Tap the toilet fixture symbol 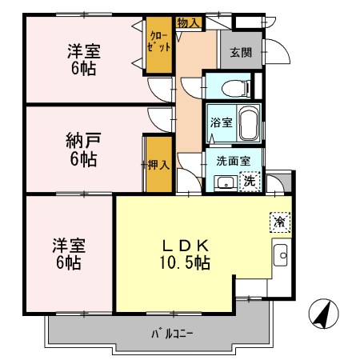pos(230,86)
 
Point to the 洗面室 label pos(233,160)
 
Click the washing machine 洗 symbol pos(250,181)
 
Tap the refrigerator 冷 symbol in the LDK pos(279,222)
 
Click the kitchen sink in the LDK pos(281,256)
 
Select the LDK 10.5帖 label pos(186,253)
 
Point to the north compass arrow pos(322,314)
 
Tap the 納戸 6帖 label pos(81,150)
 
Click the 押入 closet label pos(158,166)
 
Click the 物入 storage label pos(188,22)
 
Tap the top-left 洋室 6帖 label pos(81,60)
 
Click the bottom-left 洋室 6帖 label pos(69,253)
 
